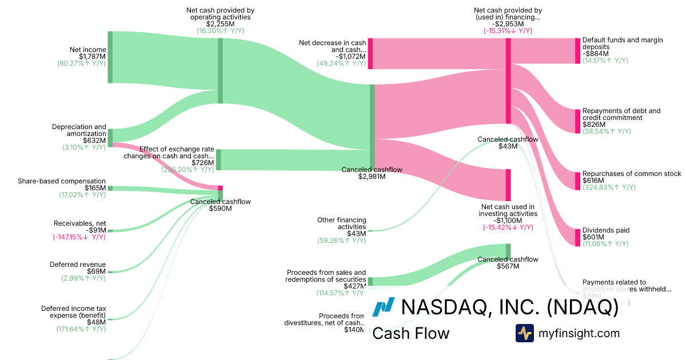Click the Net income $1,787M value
(87, 57)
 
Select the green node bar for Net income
(110, 57)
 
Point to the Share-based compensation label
(62, 181)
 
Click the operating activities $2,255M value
(220, 24)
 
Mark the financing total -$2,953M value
(508, 24)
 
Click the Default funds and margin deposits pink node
(577, 51)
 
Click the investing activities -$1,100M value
(508, 221)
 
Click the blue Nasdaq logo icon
(383, 307)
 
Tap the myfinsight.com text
(579, 333)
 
